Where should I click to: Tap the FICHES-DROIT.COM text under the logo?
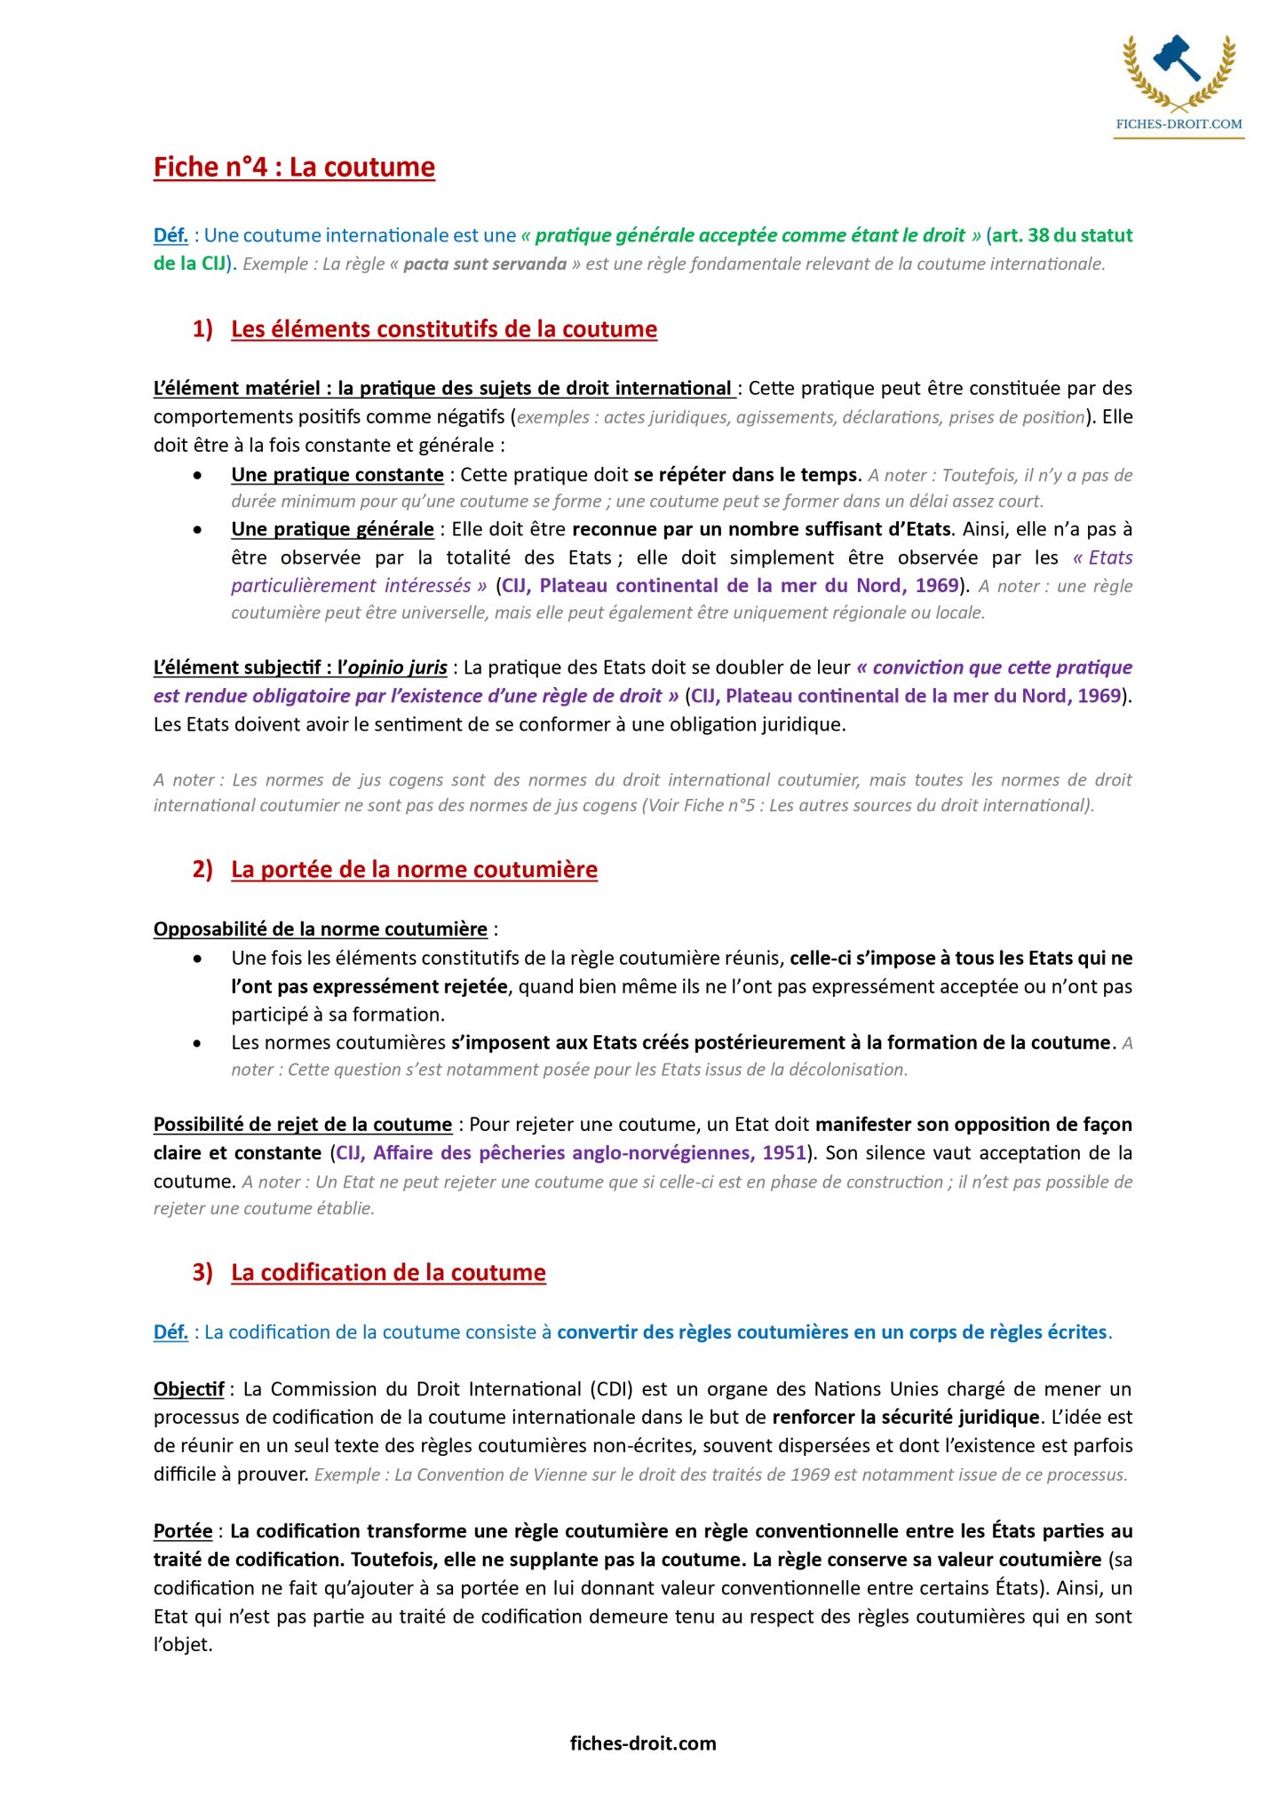point(1179,124)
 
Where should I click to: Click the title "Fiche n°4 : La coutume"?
point(294,167)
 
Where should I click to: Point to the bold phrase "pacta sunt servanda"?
point(485,265)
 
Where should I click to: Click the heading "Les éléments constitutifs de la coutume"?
point(444,329)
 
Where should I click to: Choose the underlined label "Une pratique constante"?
point(337,475)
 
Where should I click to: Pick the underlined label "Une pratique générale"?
point(332,529)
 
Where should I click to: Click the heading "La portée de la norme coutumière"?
point(414,869)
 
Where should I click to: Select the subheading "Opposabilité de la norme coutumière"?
point(321,929)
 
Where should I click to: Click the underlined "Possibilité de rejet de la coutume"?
point(303,1125)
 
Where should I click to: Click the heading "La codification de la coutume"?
point(388,1272)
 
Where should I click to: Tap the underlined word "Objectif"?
point(188,1389)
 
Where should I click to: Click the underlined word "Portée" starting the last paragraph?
point(183,1531)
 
